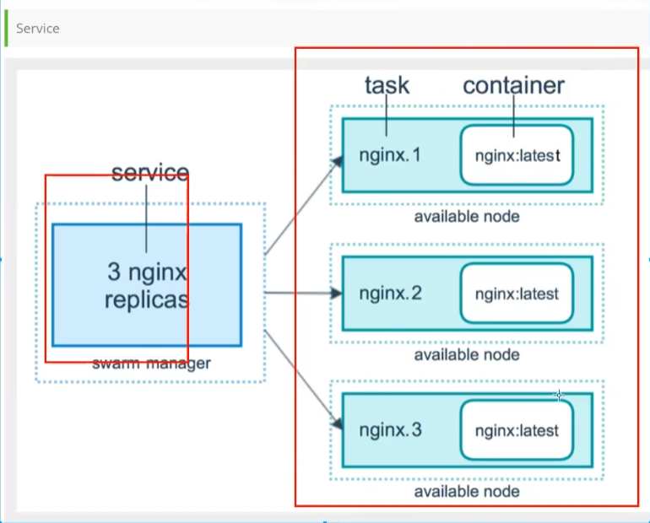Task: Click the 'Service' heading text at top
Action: (38, 29)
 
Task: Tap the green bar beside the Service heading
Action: (6, 28)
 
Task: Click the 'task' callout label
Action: (387, 85)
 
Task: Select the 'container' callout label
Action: (513, 86)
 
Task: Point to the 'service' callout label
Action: (150, 172)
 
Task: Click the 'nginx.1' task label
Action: (390, 155)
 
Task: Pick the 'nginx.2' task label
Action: (391, 294)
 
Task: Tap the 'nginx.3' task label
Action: (391, 430)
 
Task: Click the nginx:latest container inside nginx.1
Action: (517, 155)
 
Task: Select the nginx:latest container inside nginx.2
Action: (517, 294)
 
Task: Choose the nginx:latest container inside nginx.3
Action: (517, 430)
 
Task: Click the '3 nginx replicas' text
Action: (147, 286)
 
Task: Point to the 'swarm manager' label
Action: (151, 364)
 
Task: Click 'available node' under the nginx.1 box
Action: (467, 217)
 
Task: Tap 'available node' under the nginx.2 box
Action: (467, 355)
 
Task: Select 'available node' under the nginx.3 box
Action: (467, 492)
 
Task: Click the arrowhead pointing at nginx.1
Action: (338, 161)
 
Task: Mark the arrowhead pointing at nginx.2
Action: (336, 294)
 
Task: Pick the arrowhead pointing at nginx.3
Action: (338, 423)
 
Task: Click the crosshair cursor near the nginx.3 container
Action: (559, 396)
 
